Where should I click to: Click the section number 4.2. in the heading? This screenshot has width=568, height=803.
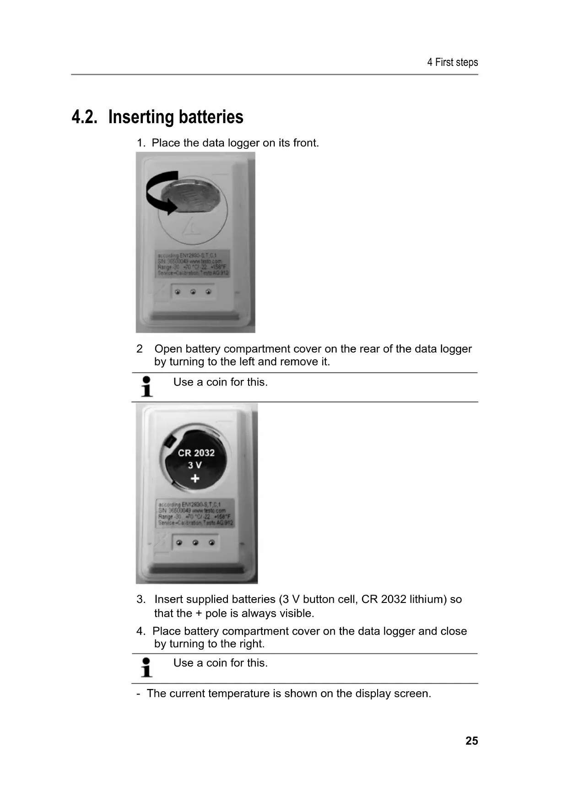coord(85,117)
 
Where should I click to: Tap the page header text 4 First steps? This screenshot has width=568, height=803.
coord(452,62)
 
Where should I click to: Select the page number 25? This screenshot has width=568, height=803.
coord(471,741)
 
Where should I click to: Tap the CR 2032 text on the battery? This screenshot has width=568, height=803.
coord(196,453)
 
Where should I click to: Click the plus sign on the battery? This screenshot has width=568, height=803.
coord(195,479)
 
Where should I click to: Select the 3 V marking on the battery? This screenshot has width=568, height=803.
coord(195,465)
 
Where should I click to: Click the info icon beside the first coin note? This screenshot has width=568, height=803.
coord(146,386)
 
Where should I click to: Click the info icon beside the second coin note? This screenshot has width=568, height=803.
coord(146,667)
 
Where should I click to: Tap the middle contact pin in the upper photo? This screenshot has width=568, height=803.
coord(193,292)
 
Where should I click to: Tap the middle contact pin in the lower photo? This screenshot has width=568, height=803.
coord(195,543)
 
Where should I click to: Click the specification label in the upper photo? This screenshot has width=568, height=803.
coord(193,263)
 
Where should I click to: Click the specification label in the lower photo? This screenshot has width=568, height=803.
coord(195,513)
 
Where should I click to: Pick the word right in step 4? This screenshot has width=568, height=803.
coord(252,644)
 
